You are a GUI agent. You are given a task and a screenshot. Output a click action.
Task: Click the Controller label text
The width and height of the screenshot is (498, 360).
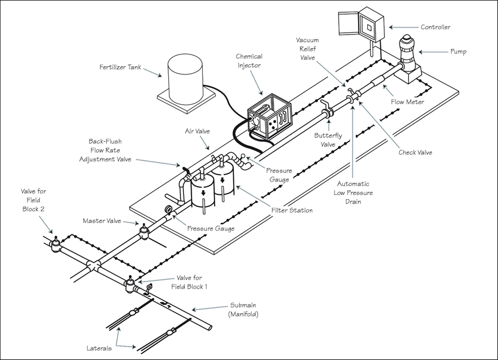point(435,28)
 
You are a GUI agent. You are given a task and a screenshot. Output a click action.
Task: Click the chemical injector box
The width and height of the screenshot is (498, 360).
point(270,116)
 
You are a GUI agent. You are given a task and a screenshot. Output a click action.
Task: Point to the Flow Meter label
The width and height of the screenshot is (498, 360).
point(407,102)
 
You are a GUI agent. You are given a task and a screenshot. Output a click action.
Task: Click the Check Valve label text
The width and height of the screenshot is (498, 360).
point(415,152)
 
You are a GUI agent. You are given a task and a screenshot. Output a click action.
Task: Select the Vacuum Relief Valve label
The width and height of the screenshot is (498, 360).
point(307,49)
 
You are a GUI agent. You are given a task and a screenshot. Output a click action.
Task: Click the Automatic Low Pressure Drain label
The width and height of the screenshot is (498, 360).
point(353,193)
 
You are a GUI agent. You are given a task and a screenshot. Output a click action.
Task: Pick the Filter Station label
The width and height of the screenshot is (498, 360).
point(292,210)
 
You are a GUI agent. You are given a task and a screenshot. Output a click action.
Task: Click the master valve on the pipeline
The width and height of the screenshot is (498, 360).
point(144,232)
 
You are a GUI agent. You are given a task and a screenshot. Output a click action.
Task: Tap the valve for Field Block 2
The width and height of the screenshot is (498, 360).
point(56,245)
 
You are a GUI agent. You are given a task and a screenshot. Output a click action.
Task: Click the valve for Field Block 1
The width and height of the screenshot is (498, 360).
point(129,284)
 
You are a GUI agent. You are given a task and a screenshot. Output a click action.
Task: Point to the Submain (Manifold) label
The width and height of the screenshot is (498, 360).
point(243,310)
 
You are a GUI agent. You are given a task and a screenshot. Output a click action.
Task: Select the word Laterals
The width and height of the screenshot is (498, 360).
point(99,348)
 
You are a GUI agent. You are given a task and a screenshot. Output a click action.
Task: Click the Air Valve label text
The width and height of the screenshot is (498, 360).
point(197,131)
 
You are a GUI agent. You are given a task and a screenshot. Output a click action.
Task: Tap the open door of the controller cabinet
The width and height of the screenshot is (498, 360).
point(349,23)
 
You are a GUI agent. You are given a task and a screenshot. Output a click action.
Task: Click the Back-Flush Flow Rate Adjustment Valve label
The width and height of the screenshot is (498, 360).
point(105,150)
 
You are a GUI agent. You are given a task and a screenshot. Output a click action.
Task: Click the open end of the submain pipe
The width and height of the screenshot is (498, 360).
point(210,327)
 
